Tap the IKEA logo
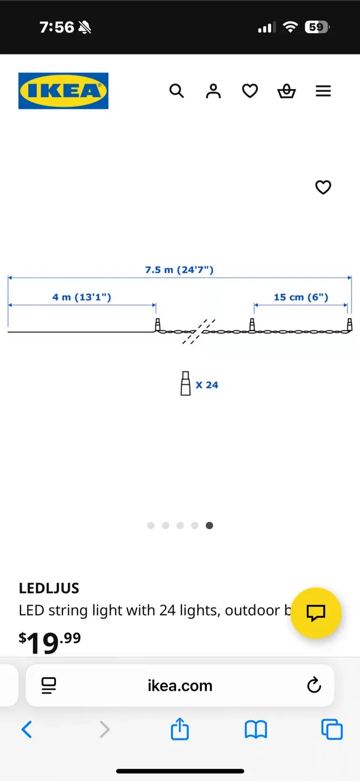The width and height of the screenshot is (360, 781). pos(63,91)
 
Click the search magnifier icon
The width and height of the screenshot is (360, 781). pos(177,91)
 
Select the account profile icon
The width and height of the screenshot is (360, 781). pos(213,91)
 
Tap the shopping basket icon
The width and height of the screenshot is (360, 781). pos(286,91)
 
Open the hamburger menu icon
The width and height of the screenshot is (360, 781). pos(324,91)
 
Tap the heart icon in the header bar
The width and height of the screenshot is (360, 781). pos(250,91)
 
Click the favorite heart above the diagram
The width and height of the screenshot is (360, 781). pos(323,187)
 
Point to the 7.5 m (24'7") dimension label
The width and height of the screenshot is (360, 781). pos(179,270)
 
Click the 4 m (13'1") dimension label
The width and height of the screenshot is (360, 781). pos(82,297)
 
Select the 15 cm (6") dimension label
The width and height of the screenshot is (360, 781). pos(301,297)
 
